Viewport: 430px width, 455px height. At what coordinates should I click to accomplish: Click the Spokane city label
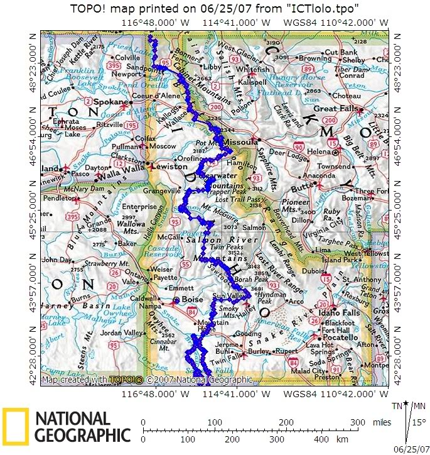point(113,101)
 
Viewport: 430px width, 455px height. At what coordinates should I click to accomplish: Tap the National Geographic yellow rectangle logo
point(16,425)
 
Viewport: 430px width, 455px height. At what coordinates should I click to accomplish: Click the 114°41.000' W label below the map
point(232,394)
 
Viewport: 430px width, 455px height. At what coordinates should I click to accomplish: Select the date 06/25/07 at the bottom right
point(408,449)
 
